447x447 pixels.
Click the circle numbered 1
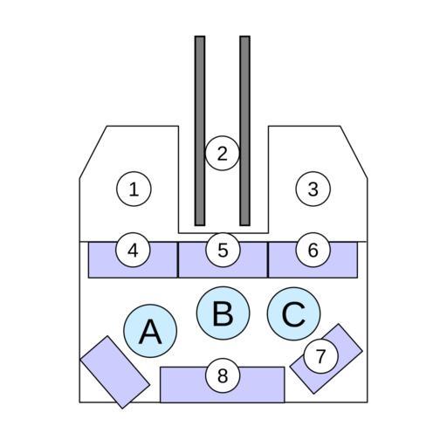[x=134, y=189]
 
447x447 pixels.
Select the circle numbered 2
[x=223, y=153]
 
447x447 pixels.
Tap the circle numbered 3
[x=313, y=189]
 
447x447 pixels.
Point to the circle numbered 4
[x=133, y=250]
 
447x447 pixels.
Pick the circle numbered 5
[x=223, y=250]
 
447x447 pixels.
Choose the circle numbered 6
[x=313, y=250]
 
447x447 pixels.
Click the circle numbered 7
[x=320, y=355]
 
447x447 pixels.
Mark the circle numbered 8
[x=223, y=375]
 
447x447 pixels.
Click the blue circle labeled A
[x=150, y=331]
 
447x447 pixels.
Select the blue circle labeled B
[x=223, y=313]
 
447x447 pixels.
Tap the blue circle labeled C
[x=293, y=313]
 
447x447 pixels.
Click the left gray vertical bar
[x=200, y=131]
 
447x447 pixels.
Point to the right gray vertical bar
[x=245, y=131]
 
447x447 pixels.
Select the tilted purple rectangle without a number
[x=115, y=372]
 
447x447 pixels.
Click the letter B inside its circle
[x=223, y=313]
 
